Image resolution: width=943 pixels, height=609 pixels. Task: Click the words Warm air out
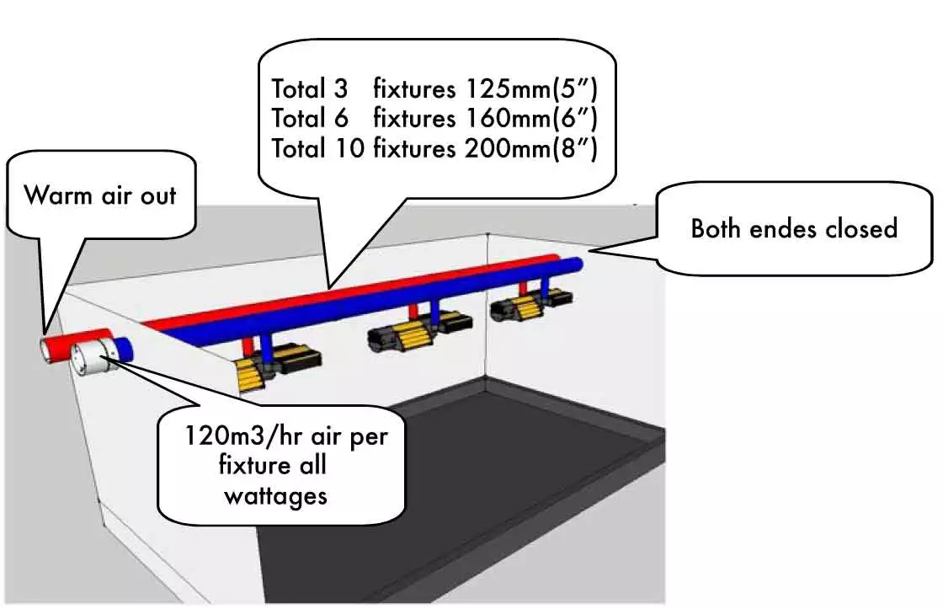(x=100, y=195)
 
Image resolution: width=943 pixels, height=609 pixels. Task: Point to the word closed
(x=855, y=227)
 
